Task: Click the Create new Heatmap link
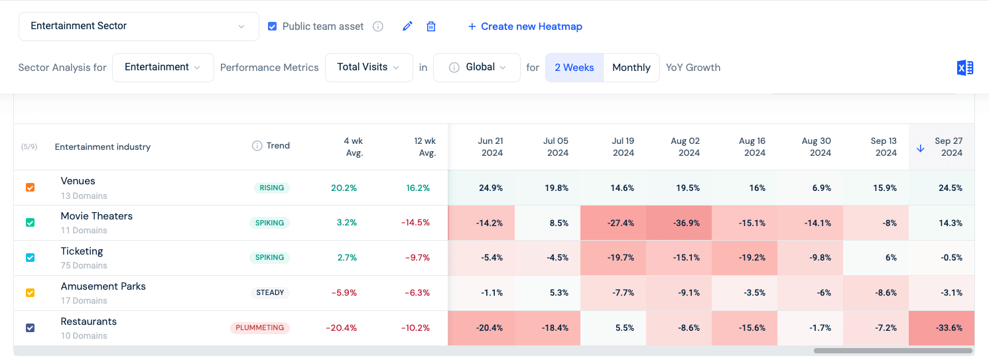tap(525, 27)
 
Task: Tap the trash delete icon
tap(431, 27)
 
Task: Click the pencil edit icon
tap(407, 27)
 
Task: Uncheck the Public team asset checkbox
tap(272, 27)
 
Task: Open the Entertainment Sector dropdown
tap(138, 27)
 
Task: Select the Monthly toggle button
tap(631, 68)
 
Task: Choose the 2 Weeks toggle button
tap(574, 68)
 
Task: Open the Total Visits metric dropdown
tap(368, 68)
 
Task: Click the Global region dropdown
tap(476, 68)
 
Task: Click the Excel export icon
tap(964, 68)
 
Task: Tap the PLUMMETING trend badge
tap(259, 328)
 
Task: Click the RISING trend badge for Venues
tap(271, 188)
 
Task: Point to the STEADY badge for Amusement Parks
tap(270, 292)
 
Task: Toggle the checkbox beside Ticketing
tap(30, 257)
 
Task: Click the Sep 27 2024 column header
tap(948, 147)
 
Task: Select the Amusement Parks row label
tap(103, 286)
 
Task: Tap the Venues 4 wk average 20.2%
tap(344, 188)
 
